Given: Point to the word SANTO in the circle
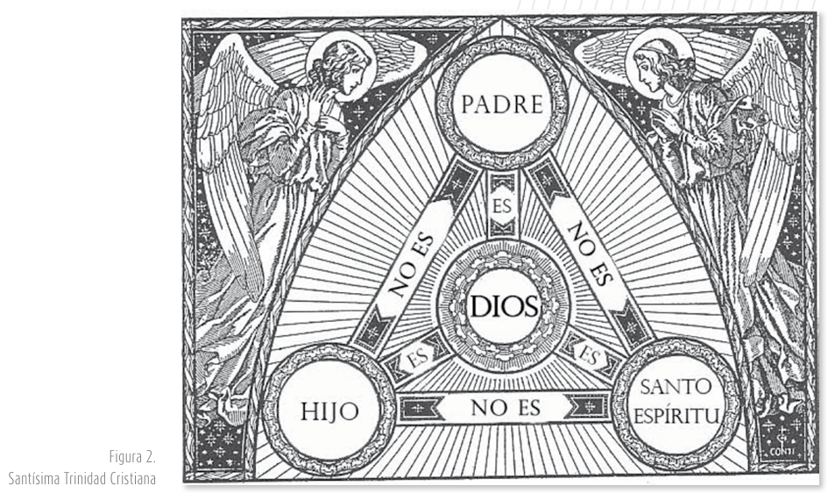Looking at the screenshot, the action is (x=676, y=387).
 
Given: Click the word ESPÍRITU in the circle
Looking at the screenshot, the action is (x=676, y=413).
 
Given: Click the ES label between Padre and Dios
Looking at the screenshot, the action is (x=502, y=208).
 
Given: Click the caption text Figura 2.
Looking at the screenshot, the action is (x=131, y=457).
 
